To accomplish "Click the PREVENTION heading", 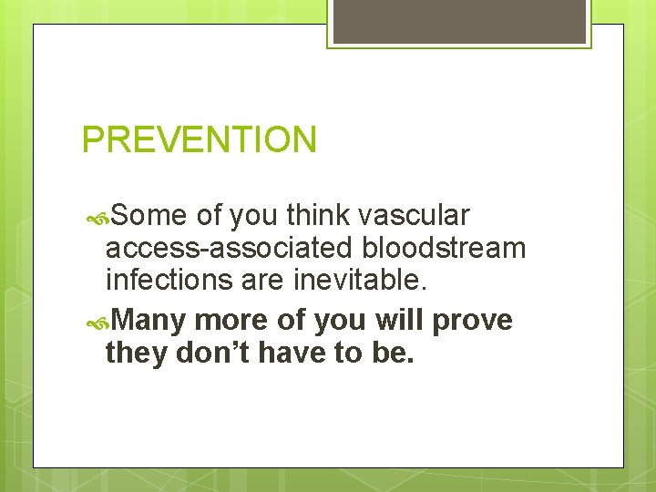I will (x=200, y=140).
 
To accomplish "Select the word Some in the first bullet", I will (x=150, y=216).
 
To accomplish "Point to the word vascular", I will (x=415, y=216).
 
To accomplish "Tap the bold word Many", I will (x=150, y=321).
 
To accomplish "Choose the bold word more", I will (x=233, y=321).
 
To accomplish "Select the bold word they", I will (x=137, y=353).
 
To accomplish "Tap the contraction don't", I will (x=215, y=353).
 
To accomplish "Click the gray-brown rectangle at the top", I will (x=459, y=20).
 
